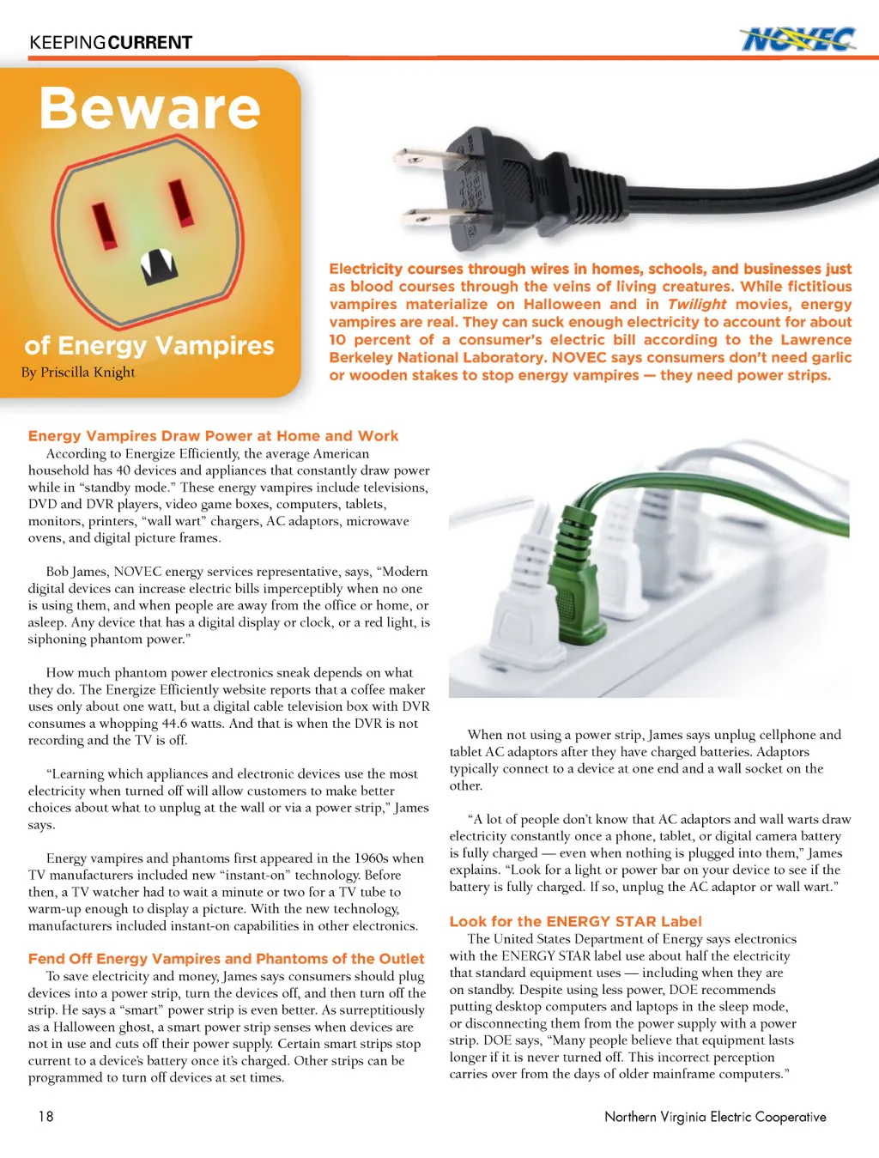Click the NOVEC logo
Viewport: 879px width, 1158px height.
click(797, 39)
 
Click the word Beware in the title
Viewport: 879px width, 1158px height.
click(150, 109)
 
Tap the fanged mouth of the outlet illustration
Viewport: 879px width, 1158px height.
click(158, 265)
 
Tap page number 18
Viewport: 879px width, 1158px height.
click(45, 1116)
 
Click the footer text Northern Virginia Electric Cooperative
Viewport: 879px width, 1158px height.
click(715, 1117)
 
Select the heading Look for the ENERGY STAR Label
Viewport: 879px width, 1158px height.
click(575, 922)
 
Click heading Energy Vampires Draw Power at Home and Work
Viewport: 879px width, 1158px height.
click(213, 436)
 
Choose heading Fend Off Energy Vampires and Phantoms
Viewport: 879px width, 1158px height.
click(226, 959)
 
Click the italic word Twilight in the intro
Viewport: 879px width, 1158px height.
click(697, 305)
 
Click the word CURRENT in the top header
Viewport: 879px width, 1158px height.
click(150, 43)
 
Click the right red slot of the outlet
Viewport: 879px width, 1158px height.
click(180, 201)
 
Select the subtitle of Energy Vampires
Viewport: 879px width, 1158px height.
click(149, 346)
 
